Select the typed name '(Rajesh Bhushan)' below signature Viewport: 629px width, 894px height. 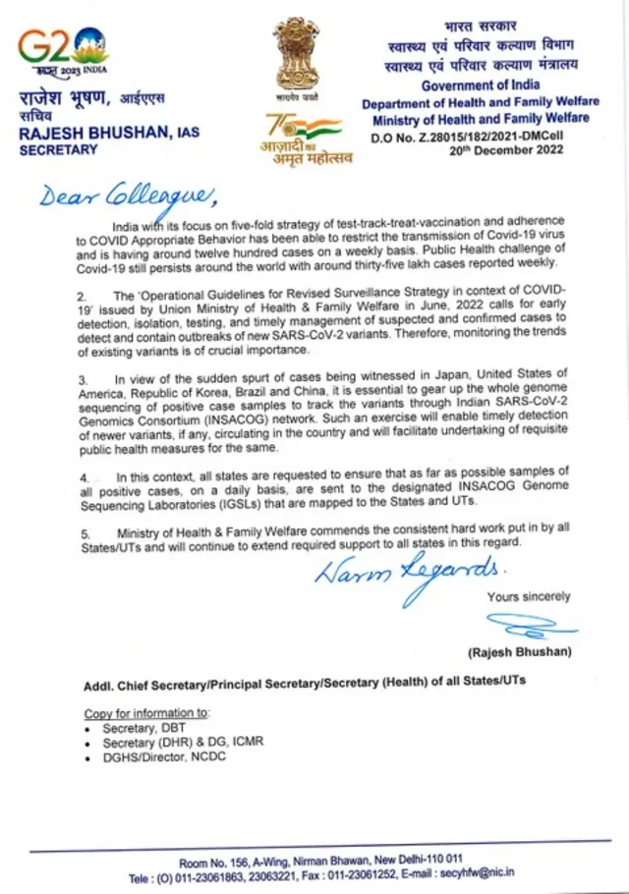click(x=517, y=652)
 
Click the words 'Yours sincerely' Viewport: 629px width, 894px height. click(x=529, y=596)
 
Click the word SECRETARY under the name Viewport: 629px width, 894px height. click(x=59, y=150)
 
